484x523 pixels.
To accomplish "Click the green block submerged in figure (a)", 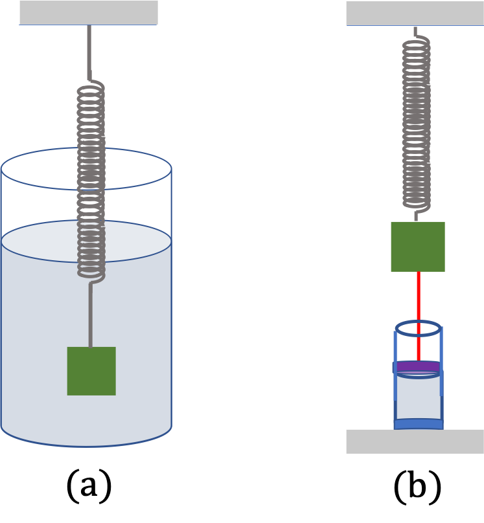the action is pos(91,371).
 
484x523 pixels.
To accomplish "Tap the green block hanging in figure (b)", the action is pos(418,247).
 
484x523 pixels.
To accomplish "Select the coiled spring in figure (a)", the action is pos(91,182).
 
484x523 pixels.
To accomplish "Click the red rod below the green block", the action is pos(419,317).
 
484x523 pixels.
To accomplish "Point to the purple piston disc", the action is pos(418,366).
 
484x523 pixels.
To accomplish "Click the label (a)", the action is pos(89,485).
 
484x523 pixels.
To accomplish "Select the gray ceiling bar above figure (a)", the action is pos(89,13).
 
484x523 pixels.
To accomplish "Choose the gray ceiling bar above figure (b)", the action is pos(415,14).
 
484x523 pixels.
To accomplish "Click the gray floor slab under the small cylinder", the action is pos(415,441).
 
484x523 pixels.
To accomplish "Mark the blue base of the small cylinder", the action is pos(419,424).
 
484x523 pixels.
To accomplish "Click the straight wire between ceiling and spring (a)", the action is pos(89,52).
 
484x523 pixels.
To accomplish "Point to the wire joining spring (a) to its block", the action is pos(91,315).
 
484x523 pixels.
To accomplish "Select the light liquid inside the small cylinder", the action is pos(418,397).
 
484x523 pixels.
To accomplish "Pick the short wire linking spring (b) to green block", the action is pos(416,216).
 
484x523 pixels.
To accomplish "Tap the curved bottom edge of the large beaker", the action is pos(86,446).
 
